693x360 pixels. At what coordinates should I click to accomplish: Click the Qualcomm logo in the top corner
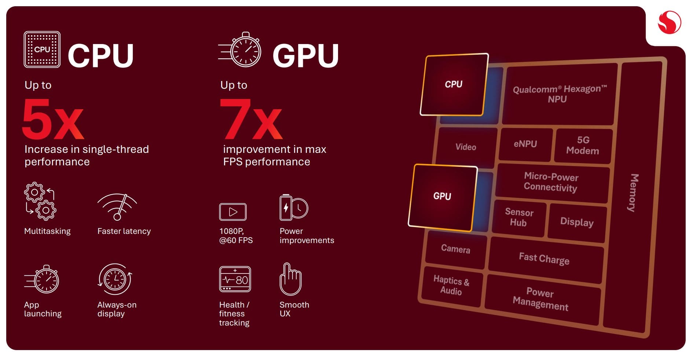(669, 22)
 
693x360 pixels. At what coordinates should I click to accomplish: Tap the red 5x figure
(53, 119)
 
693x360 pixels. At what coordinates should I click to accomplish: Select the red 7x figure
(251, 119)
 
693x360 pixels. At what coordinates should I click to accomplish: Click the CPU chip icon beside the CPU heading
(42, 49)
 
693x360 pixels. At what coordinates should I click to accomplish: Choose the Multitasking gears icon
(40, 201)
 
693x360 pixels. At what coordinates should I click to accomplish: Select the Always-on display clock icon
(115, 279)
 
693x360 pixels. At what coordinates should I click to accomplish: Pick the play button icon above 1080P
(232, 212)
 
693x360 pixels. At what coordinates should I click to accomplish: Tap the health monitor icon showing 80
(235, 279)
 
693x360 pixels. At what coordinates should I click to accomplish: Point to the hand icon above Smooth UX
(290, 279)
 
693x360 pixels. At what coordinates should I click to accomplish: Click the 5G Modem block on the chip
(583, 146)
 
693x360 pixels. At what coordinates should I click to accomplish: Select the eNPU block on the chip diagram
(525, 144)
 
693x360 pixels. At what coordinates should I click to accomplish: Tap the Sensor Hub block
(518, 217)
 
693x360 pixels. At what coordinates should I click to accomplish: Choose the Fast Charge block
(544, 259)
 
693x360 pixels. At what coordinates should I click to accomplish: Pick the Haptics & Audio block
(451, 286)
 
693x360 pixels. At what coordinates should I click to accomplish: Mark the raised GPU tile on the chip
(443, 196)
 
